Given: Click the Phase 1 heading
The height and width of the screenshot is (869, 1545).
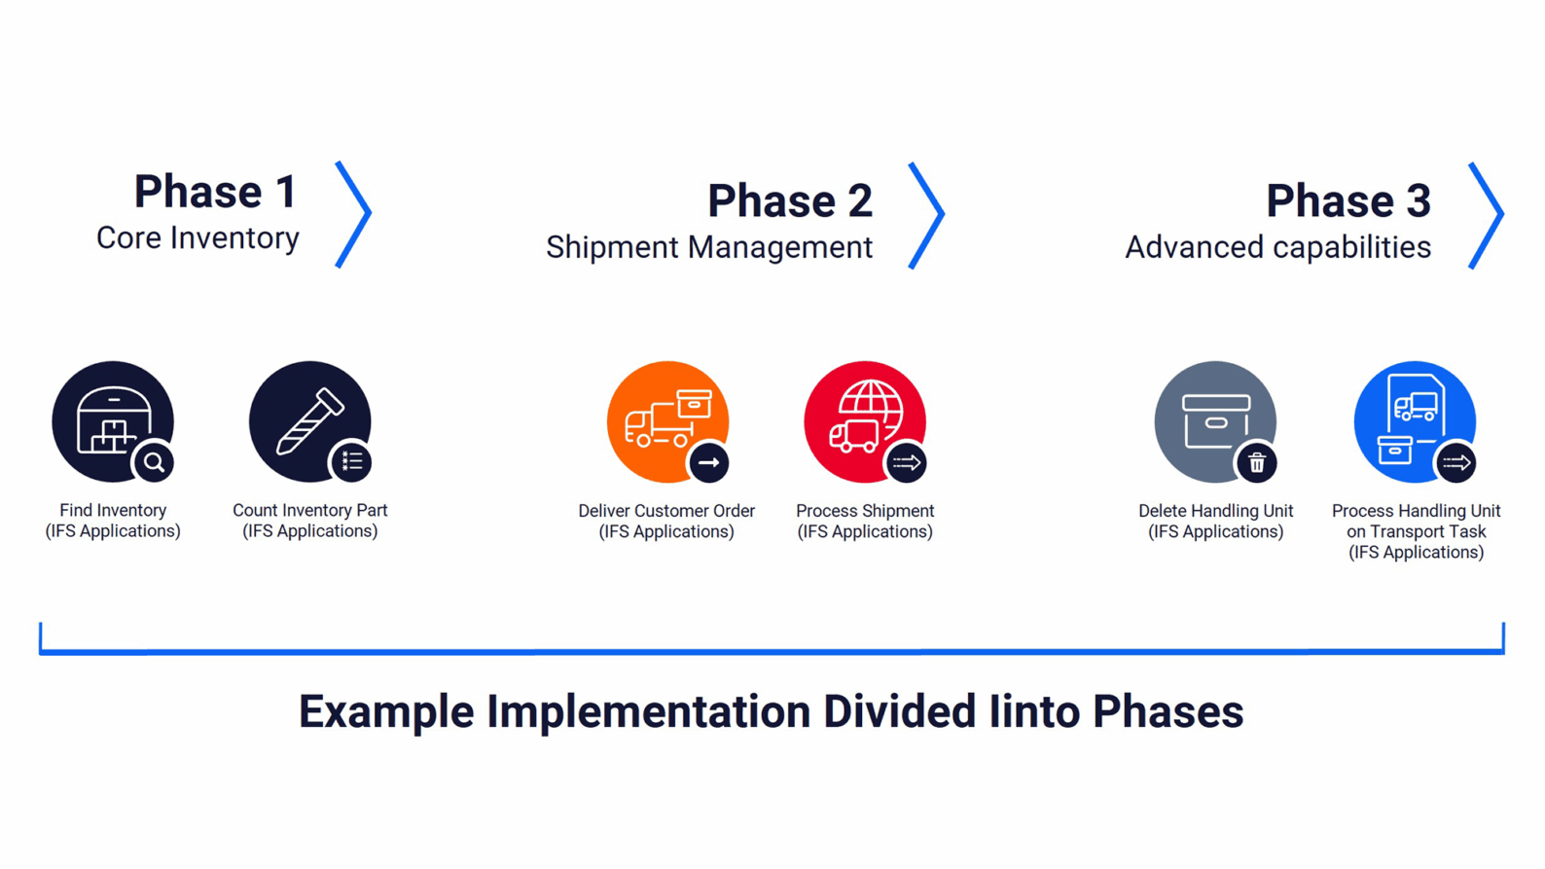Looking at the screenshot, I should tap(215, 191).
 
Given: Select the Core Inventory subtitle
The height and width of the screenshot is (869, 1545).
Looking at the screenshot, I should tap(198, 238).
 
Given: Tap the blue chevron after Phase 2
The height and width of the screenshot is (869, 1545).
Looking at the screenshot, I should tap(927, 215).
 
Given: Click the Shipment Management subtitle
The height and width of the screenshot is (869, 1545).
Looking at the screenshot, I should tap(708, 247).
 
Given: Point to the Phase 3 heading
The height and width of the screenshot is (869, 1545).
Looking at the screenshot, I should tap(1347, 200).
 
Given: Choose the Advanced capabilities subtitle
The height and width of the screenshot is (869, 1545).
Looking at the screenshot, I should tap(1277, 247).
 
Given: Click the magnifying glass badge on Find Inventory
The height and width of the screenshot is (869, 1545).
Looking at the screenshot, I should tap(154, 462).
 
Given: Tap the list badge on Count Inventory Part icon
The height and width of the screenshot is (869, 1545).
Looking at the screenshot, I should tap(351, 461).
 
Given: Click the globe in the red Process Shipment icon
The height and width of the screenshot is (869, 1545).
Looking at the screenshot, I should tap(870, 403).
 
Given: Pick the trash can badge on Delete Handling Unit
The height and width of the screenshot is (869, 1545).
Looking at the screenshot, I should tap(1256, 462).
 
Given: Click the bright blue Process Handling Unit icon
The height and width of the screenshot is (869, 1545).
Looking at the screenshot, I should tap(1411, 418).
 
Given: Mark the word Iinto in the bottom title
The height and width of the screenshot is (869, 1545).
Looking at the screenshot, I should tap(1033, 711).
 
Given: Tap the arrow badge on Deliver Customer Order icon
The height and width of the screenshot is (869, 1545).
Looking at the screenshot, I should tap(708, 462).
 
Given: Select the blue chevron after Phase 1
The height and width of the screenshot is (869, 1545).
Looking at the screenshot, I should tap(354, 214).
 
